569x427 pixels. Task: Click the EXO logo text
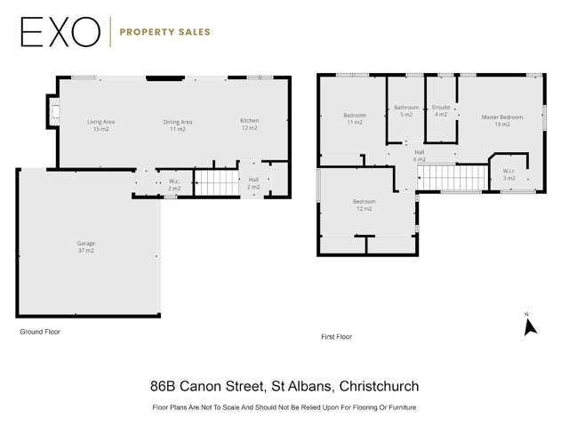[x=60, y=32]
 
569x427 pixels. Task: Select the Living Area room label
[x=100, y=125]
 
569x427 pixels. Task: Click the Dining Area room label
[x=178, y=125]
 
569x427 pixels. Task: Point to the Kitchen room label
[x=249, y=124]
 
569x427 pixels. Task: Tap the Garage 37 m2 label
[x=85, y=246]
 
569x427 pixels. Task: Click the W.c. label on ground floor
[x=175, y=184]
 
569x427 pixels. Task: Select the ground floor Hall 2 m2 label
[x=253, y=183]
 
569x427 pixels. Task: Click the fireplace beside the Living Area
[x=53, y=111]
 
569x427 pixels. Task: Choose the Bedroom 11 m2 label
[x=355, y=118]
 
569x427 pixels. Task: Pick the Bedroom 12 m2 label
[x=364, y=205]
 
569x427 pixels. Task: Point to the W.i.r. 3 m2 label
[x=509, y=174]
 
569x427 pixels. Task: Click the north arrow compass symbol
[x=530, y=326]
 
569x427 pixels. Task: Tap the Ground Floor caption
[x=40, y=331]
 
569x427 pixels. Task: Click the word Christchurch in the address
[x=374, y=386]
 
